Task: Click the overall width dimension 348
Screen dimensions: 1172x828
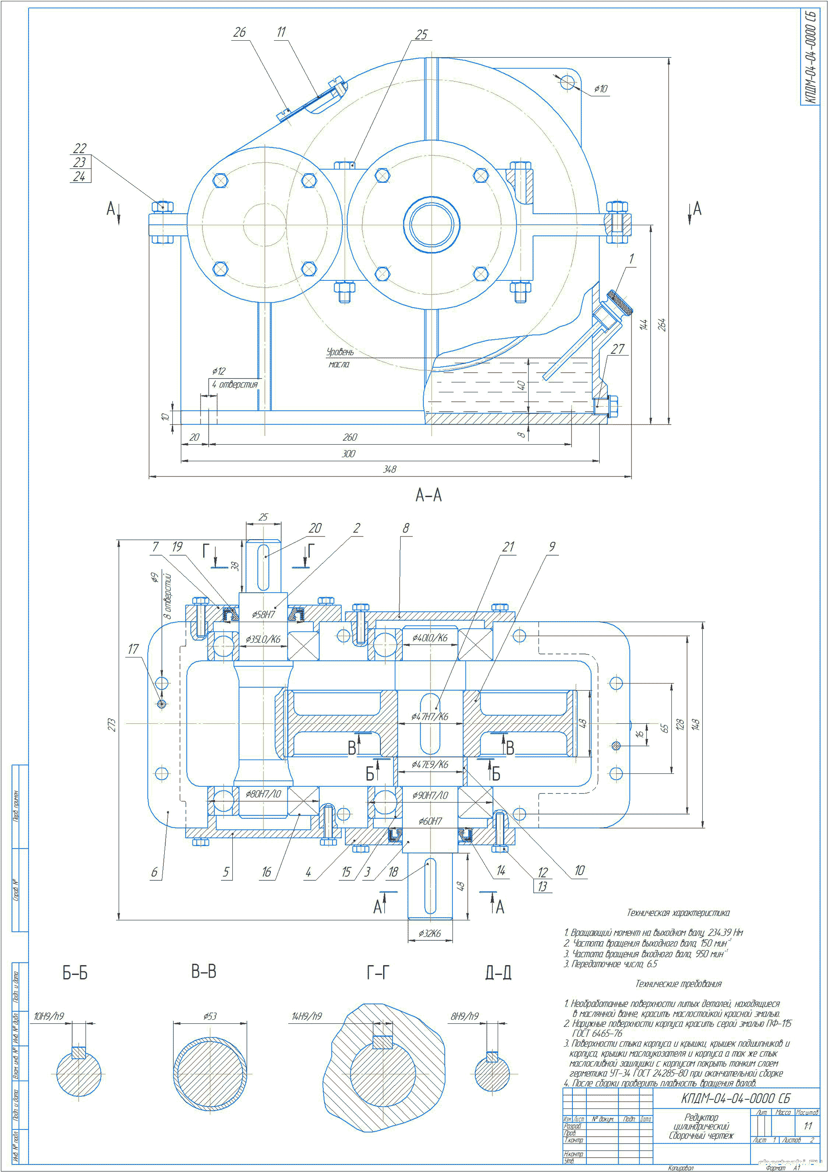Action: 389,469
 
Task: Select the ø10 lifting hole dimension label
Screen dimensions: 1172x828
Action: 601,89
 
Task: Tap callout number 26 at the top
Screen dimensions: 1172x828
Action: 239,32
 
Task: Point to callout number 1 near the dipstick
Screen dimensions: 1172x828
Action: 631,259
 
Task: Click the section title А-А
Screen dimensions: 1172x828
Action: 428,494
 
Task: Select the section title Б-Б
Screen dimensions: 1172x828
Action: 75,973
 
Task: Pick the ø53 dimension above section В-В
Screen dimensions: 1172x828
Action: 209,1016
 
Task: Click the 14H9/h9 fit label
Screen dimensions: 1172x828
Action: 307,1016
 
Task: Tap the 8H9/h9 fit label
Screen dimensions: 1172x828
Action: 464,1016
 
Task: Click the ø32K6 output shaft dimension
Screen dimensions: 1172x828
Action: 430,933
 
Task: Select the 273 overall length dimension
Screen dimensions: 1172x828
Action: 112,725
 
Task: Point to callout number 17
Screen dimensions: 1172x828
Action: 133,649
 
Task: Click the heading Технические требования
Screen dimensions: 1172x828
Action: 678,983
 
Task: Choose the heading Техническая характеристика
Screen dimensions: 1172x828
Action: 678,913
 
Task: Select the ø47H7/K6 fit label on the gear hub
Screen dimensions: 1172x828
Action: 430,717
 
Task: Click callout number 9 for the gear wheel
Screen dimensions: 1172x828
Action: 551,547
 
